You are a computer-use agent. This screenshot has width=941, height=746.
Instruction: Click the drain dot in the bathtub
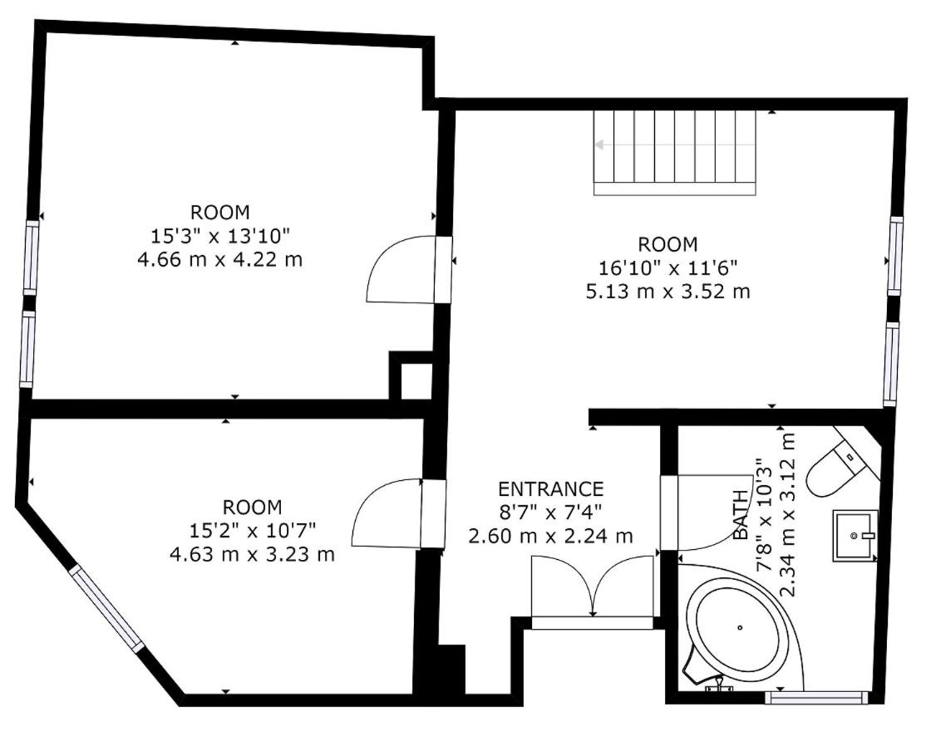coord(741,628)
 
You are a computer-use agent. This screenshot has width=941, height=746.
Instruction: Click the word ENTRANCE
coord(550,489)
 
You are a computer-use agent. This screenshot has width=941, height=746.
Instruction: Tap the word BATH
coord(741,514)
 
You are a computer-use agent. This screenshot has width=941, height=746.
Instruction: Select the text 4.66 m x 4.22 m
coord(219,260)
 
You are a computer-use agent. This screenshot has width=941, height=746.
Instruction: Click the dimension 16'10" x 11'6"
coord(668,267)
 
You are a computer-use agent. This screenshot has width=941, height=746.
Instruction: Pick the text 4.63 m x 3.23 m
coord(252,554)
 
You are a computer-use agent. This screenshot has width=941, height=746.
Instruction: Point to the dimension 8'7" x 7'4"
coord(550,513)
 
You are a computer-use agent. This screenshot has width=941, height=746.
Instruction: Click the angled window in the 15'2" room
coord(107,608)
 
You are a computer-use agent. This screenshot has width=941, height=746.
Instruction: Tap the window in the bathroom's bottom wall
coord(817,698)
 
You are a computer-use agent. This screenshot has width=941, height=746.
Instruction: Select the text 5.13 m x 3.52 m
coord(668,292)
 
